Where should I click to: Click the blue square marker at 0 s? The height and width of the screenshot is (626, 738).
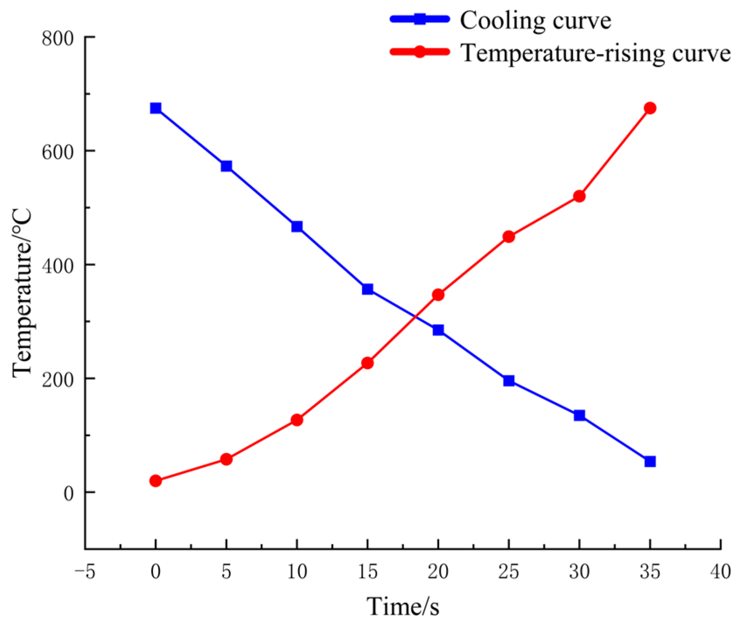[155, 108]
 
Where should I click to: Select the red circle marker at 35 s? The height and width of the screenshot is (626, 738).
[650, 108]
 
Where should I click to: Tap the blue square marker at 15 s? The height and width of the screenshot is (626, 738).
[367, 289]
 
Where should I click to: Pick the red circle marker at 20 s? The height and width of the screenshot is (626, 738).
[438, 295]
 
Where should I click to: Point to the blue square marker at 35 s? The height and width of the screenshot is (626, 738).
[650, 462]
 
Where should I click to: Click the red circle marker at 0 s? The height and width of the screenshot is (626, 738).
[155, 481]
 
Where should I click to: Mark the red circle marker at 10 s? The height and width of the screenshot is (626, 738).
[297, 420]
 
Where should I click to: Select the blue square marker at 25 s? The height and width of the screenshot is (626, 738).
[508, 381]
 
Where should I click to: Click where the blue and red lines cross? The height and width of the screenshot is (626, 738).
[416, 317]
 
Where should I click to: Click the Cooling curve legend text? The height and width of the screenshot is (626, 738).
[535, 20]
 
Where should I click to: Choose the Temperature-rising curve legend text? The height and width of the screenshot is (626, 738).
[596, 53]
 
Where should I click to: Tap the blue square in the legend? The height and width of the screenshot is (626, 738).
[419, 19]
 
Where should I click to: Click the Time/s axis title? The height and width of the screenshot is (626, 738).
[403, 606]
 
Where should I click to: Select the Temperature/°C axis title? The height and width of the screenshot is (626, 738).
[23, 292]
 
